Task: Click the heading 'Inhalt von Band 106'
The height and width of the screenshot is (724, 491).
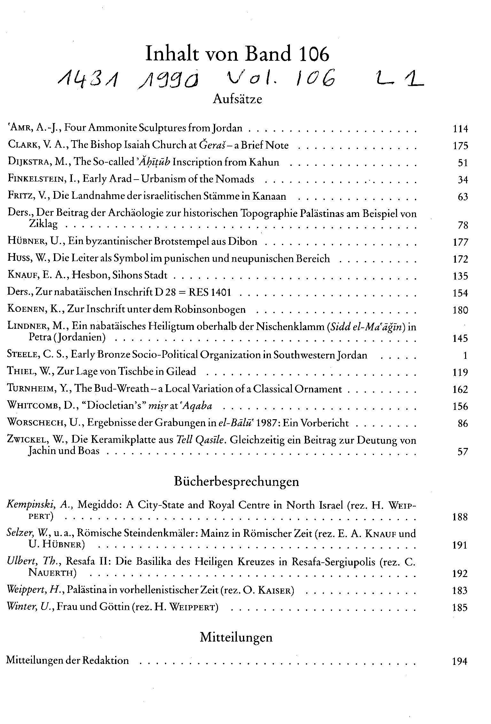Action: tap(237, 54)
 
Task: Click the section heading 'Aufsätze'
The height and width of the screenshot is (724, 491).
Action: tap(237, 99)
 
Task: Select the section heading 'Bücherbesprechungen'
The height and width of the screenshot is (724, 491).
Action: tap(237, 481)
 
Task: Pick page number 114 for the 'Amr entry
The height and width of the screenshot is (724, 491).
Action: tap(460, 129)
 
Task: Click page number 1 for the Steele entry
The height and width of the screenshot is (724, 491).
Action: tap(465, 355)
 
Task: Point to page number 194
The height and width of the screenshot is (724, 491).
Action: tap(460, 661)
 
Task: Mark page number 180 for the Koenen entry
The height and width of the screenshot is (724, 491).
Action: tap(460, 310)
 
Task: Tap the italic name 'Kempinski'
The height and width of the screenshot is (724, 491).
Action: tap(32, 505)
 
